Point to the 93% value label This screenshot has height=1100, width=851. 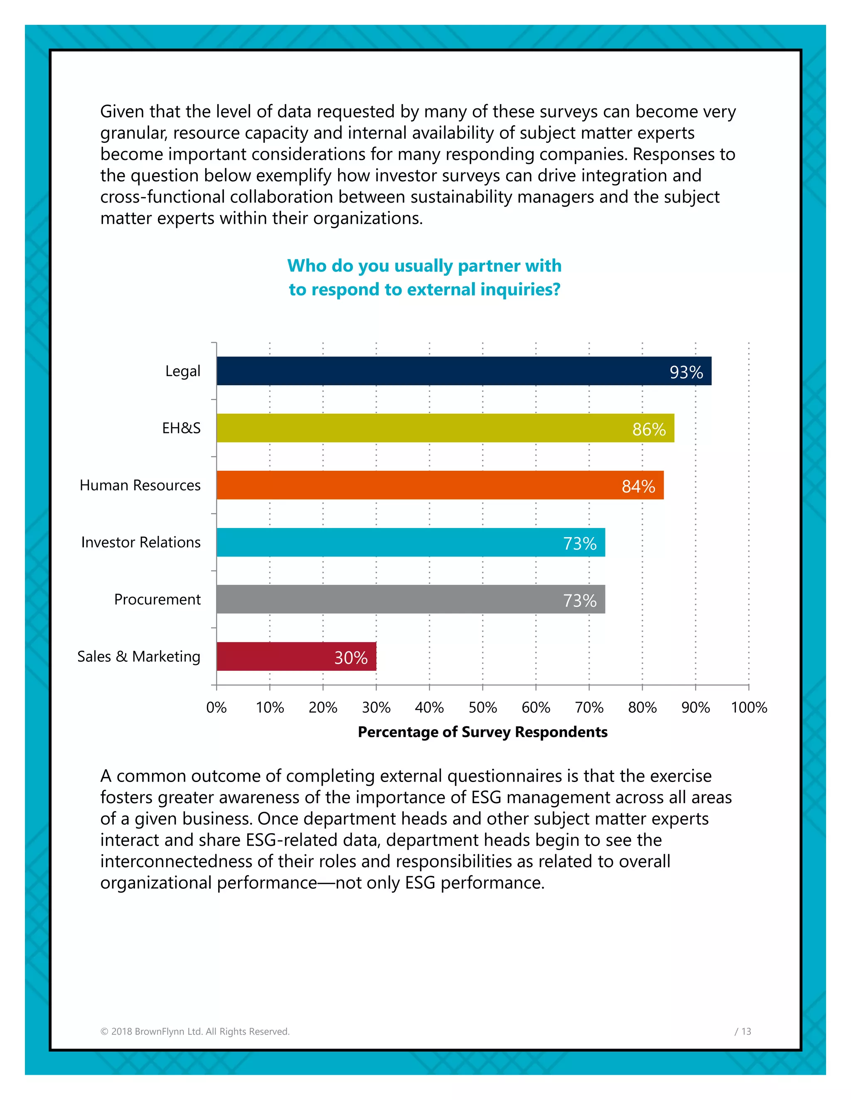[686, 372]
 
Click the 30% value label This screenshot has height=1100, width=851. [351, 658]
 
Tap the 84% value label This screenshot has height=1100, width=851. [638, 486]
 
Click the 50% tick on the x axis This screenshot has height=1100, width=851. [482, 708]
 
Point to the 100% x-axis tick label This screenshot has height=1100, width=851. [749, 708]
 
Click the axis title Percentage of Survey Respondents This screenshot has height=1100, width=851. [482, 732]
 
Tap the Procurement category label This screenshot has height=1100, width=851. [157, 599]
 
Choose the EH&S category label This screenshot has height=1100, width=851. [181, 428]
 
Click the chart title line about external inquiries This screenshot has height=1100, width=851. [425, 290]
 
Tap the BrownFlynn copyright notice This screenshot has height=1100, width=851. [195, 1032]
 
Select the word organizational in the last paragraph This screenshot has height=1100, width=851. [156, 883]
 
